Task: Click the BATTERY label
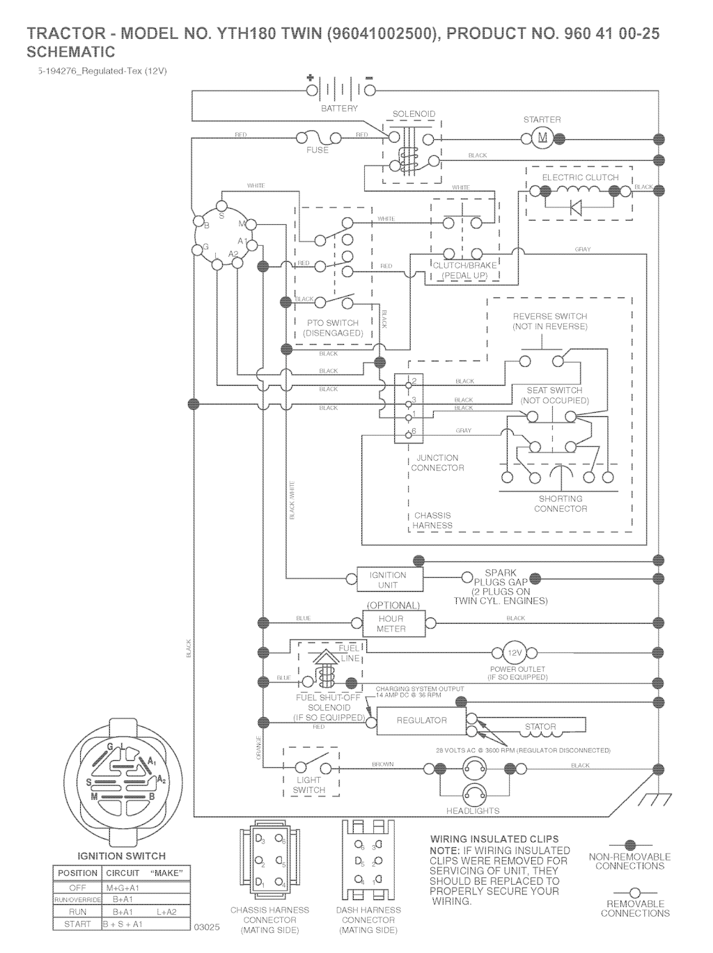(339, 109)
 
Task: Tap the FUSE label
(318, 150)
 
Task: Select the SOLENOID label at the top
(414, 114)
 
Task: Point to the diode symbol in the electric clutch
(575, 207)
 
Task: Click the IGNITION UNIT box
(387, 579)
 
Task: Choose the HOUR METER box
(391, 623)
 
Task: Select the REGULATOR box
(421, 720)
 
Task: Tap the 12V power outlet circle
(515, 653)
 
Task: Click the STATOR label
(540, 727)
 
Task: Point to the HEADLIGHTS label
(473, 810)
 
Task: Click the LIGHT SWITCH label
(308, 785)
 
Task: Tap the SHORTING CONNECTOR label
(561, 503)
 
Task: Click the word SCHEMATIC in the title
(70, 52)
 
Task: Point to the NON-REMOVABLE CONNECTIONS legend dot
(629, 845)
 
